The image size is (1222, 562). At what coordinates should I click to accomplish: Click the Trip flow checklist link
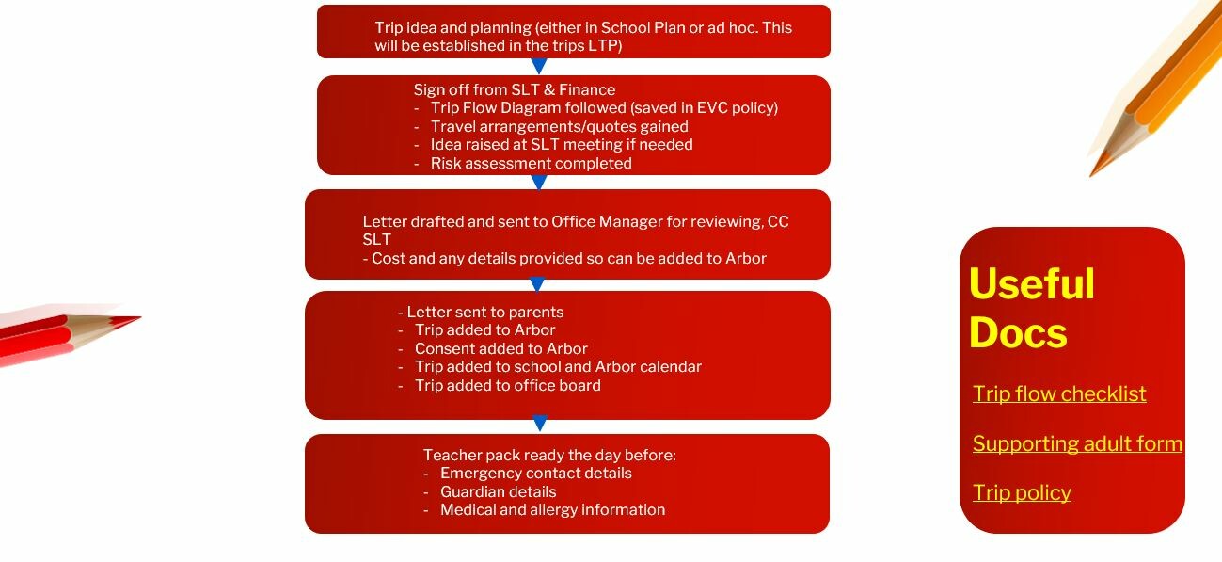pos(1059,393)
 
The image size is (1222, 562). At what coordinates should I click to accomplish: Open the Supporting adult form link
pos(1077,443)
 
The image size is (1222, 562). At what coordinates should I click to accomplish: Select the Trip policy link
pos(1022,492)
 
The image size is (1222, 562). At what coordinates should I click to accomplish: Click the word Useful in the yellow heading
pos(1032,283)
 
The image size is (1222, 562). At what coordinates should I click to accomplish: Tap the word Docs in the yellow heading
pos(1018,332)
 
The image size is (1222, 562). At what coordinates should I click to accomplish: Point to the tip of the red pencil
pos(141,317)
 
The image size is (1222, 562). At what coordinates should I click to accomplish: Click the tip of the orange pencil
pos(1090,176)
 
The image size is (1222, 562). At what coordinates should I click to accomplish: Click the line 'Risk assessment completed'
pos(531,163)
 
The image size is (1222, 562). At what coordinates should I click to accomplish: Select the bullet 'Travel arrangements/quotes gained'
pos(559,127)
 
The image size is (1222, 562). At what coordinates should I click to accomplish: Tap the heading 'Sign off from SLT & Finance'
pos(514,89)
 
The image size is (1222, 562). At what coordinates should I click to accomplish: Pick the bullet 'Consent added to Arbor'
pos(500,348)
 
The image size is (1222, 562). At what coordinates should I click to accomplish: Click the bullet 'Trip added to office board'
pos(507,386)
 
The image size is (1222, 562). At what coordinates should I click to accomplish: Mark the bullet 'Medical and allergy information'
pos(552,509)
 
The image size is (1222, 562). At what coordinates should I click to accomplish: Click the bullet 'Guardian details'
pos(498,491)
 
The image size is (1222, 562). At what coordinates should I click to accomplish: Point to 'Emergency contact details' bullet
pos(535,473)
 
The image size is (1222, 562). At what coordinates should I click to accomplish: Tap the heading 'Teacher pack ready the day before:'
pos(549,455)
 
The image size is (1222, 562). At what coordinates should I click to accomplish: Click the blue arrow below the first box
pos(539,66)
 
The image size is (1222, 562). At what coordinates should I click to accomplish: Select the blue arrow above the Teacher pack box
pos(540,423)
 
